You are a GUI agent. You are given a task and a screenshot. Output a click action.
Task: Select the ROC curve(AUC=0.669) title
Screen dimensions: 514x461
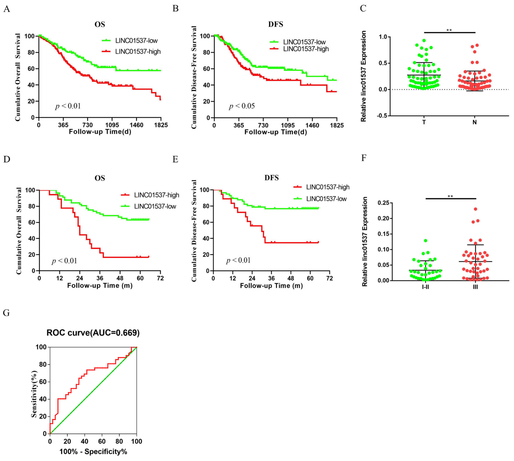[x=93, y=333]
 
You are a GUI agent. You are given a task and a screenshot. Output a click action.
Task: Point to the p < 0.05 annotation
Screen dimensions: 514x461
[x=242, y=106]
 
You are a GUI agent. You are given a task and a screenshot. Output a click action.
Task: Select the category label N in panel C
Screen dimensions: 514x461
[x=474, y=122]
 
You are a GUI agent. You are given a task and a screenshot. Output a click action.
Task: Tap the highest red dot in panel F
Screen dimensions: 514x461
[x=476, y=209]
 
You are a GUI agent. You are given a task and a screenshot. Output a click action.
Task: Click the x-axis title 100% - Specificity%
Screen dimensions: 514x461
[x=93, y=451]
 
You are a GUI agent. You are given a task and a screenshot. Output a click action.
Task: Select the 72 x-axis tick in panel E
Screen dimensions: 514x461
[x=329, y=278]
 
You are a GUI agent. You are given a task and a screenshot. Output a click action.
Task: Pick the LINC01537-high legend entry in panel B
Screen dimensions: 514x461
[x=299, y=49]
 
